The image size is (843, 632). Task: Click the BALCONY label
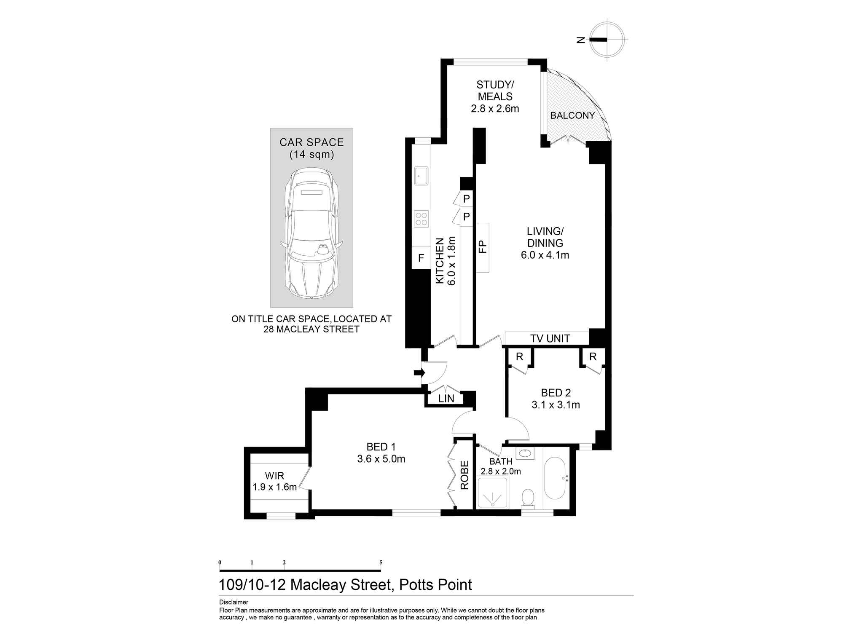[572, 115]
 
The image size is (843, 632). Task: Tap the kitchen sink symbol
[421, 175]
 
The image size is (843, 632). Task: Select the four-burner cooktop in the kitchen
[421, 219]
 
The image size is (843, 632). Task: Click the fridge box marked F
[420, 258]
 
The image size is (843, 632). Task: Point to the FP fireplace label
[483, 246]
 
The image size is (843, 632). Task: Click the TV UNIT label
[550, 338]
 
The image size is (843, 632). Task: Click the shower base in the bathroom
[493, 492]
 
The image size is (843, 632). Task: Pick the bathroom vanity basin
[525, 454]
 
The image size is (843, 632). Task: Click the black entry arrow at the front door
[419, 372]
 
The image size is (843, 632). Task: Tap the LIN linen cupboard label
[446, 399]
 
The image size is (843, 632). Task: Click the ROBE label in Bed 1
[464, 475]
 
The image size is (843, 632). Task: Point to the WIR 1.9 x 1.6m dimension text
[274, 487]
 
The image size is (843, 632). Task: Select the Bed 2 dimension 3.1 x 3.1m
[556, 405]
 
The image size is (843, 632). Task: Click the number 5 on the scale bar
[381, 562]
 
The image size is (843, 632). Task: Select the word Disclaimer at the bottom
[234, 603]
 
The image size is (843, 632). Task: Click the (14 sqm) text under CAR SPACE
[311, 155]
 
